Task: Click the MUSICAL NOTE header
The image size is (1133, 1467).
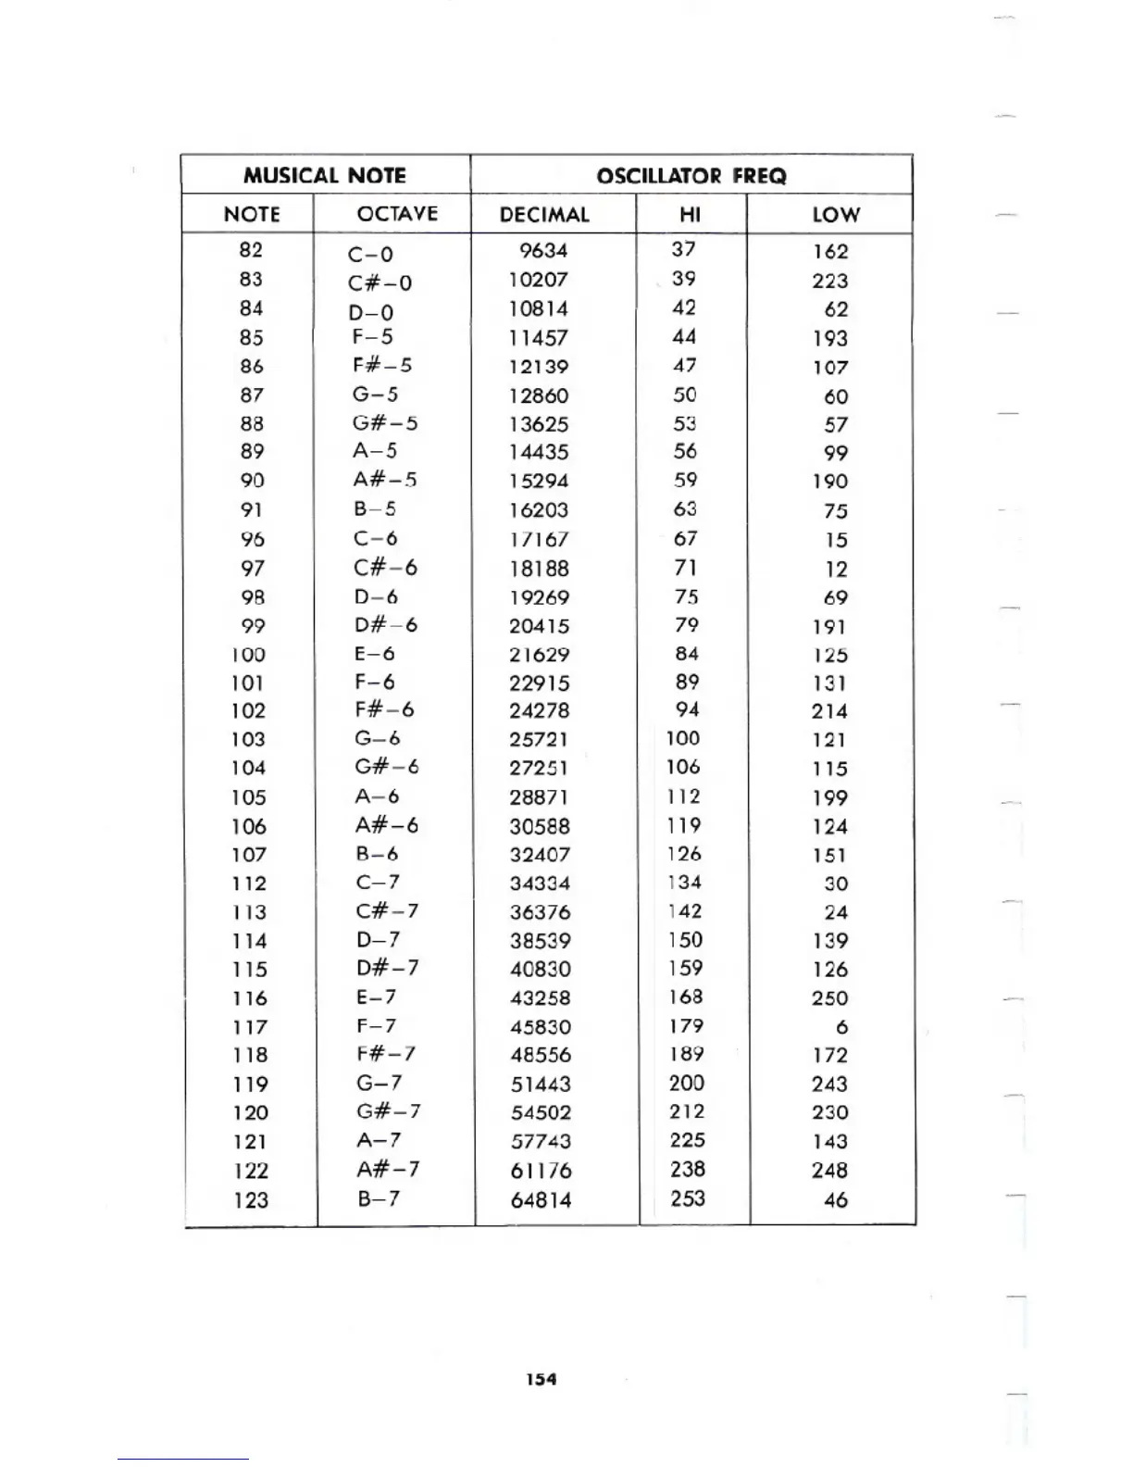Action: pos(324,175)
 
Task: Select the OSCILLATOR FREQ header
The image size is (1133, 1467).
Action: pos(691,176)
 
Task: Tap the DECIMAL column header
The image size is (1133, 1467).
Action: pos(544,215)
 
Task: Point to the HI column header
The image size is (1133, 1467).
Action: pos(690,215)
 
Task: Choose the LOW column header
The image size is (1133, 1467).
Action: pos(836,215)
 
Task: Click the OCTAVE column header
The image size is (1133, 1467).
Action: pos(397,214)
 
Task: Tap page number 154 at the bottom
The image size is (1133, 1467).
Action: pos(541,1379)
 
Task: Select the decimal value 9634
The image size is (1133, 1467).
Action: pos(543,251)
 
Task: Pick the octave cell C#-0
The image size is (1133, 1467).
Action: pos(380,282)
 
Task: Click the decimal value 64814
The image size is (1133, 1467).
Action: pos(541,1200)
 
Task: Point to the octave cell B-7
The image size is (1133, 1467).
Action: pos(379,1198)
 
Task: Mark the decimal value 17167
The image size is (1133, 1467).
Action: pos(539,539)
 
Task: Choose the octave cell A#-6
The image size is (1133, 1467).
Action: pos(386,825)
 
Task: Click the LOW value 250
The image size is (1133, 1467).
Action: pos(829,998)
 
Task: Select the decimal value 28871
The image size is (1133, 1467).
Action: pos(539,797)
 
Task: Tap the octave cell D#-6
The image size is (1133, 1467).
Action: pos(385,625)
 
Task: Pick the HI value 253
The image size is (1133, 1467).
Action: pos(688,1198)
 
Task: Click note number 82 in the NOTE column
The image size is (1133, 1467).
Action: pos(251,250)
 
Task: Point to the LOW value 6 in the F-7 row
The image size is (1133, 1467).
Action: pos(841,1027)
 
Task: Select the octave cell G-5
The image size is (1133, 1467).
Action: pos(375,395)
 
